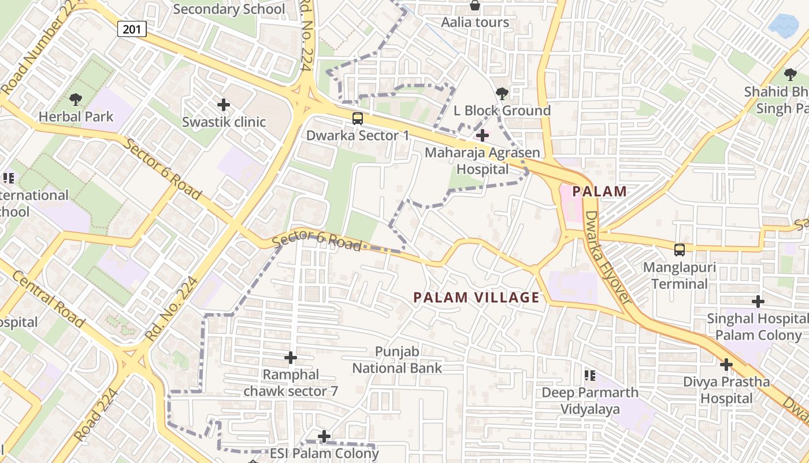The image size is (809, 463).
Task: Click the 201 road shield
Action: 132,29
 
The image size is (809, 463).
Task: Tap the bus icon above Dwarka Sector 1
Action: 358,119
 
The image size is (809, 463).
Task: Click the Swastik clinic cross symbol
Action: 224,105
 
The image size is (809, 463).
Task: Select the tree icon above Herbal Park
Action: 75,100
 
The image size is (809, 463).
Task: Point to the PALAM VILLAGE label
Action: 476,297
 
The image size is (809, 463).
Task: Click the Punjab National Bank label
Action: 397,359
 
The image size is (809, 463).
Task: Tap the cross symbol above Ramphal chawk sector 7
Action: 291,358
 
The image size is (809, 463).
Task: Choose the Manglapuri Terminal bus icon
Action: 680,250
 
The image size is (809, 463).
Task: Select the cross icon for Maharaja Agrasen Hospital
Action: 482,136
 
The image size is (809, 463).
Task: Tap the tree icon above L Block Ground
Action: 502,93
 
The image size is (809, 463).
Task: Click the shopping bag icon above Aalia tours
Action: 475,6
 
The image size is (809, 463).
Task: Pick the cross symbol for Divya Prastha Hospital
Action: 726,365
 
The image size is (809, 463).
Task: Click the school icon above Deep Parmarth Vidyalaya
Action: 589,376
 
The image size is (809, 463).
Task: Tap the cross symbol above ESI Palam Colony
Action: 325,436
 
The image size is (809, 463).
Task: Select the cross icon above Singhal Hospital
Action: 758,302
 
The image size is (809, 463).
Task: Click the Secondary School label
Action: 229,9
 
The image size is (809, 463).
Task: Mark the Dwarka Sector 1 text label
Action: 357,135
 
